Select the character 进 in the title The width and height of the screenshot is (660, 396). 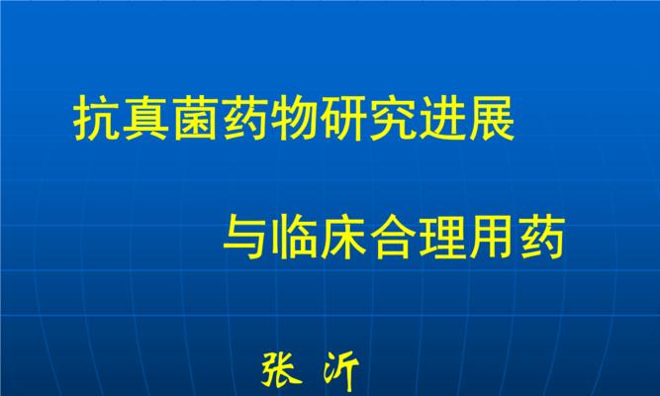click(442, 119)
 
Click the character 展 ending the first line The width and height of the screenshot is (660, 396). click(492, 119)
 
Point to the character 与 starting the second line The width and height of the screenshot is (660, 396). click(246, 237)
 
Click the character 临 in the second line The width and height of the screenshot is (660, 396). click(296, 237)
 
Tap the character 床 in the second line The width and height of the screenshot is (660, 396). click(344, 237)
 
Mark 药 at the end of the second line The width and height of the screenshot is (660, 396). click(542, 237)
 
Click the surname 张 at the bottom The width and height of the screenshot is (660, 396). click(281, 369)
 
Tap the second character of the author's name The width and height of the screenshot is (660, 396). click(340, 370)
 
